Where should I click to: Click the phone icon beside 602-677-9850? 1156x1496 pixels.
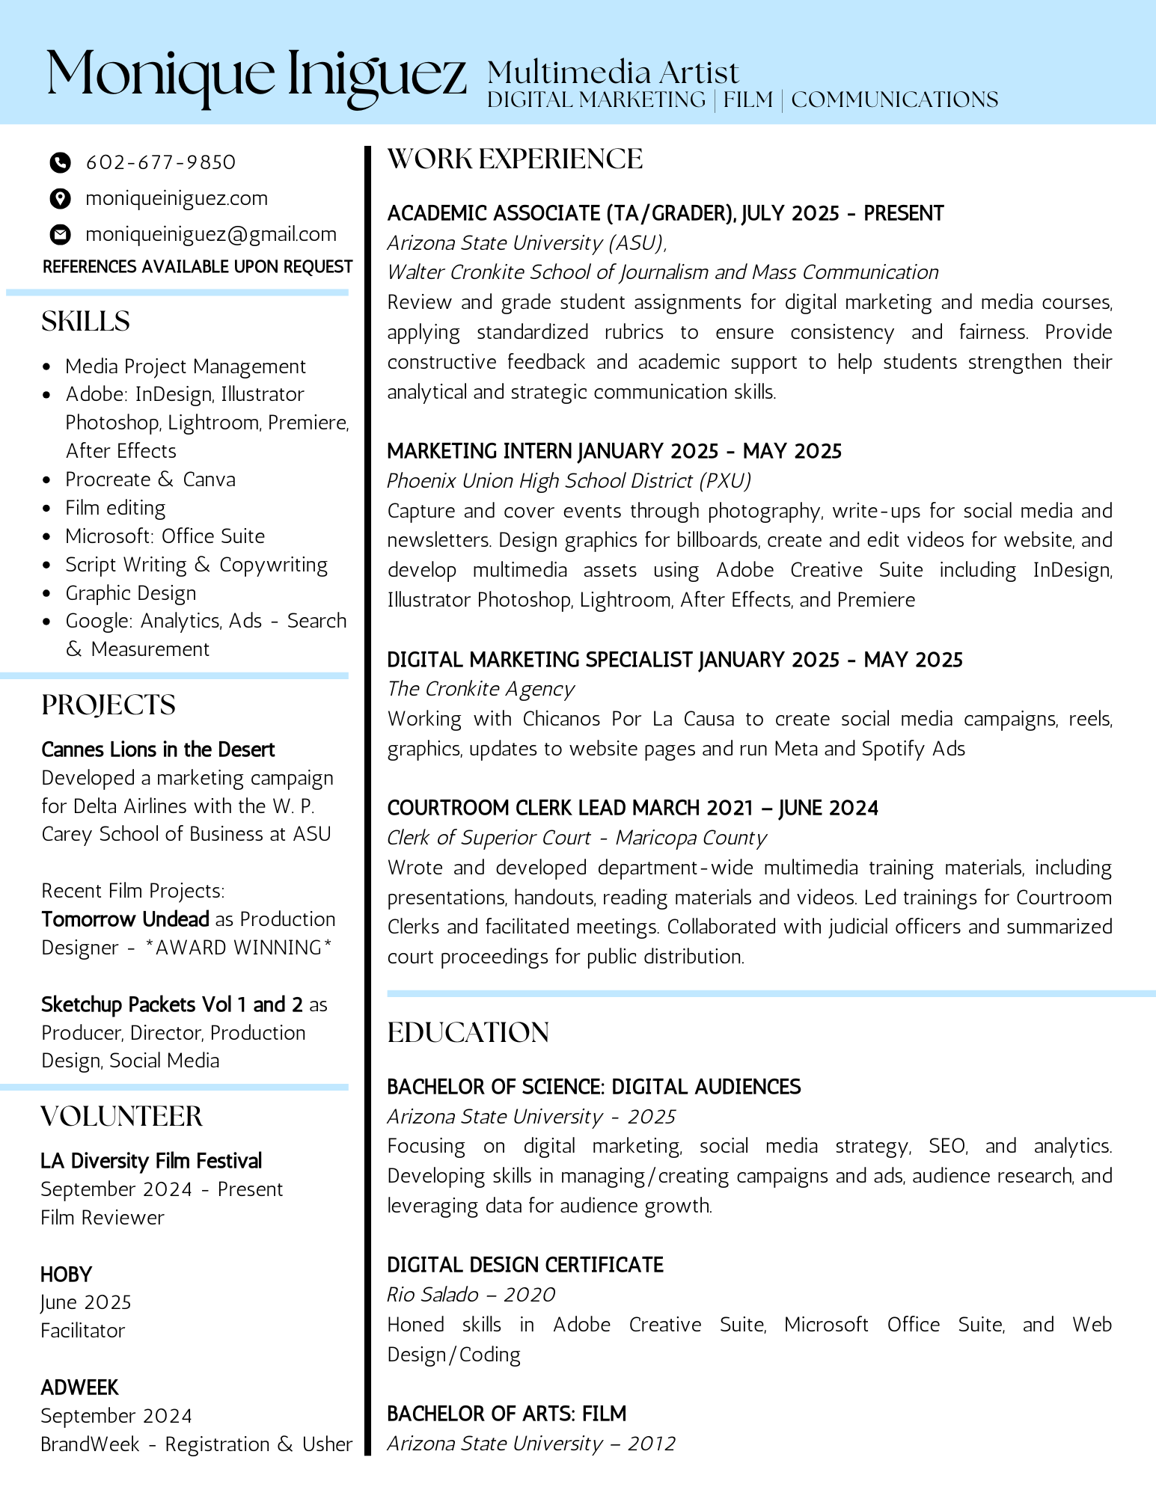[60, 162]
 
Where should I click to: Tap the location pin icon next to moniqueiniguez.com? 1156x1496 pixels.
[60, 198]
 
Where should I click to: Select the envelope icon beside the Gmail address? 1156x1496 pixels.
[60, 235]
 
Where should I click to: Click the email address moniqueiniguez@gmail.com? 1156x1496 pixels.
[211, 235]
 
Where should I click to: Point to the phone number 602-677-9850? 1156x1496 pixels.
[161, 162]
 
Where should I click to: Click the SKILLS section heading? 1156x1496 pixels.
[85, 322]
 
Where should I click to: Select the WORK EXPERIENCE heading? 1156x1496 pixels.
[515, 159]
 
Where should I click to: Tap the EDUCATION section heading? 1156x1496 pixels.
[468, 1033]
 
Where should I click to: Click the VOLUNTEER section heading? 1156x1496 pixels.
[121, 1117]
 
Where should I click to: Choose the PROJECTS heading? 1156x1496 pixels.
[108, 705]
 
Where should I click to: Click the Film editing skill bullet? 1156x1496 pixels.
[115, 508]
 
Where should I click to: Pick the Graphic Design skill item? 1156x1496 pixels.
[131, 593]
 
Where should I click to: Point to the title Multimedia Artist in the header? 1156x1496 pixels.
[613, 73]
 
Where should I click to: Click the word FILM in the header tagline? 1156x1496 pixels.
[748, 100]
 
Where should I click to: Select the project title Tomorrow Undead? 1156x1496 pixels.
[125, 919]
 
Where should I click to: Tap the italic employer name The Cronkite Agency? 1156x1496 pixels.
[480, 689]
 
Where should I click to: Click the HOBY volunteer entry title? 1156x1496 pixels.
[67, 1275]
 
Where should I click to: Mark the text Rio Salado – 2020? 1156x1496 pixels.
[471, 1295]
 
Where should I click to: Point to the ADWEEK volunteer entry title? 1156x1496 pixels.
[79, 1388]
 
